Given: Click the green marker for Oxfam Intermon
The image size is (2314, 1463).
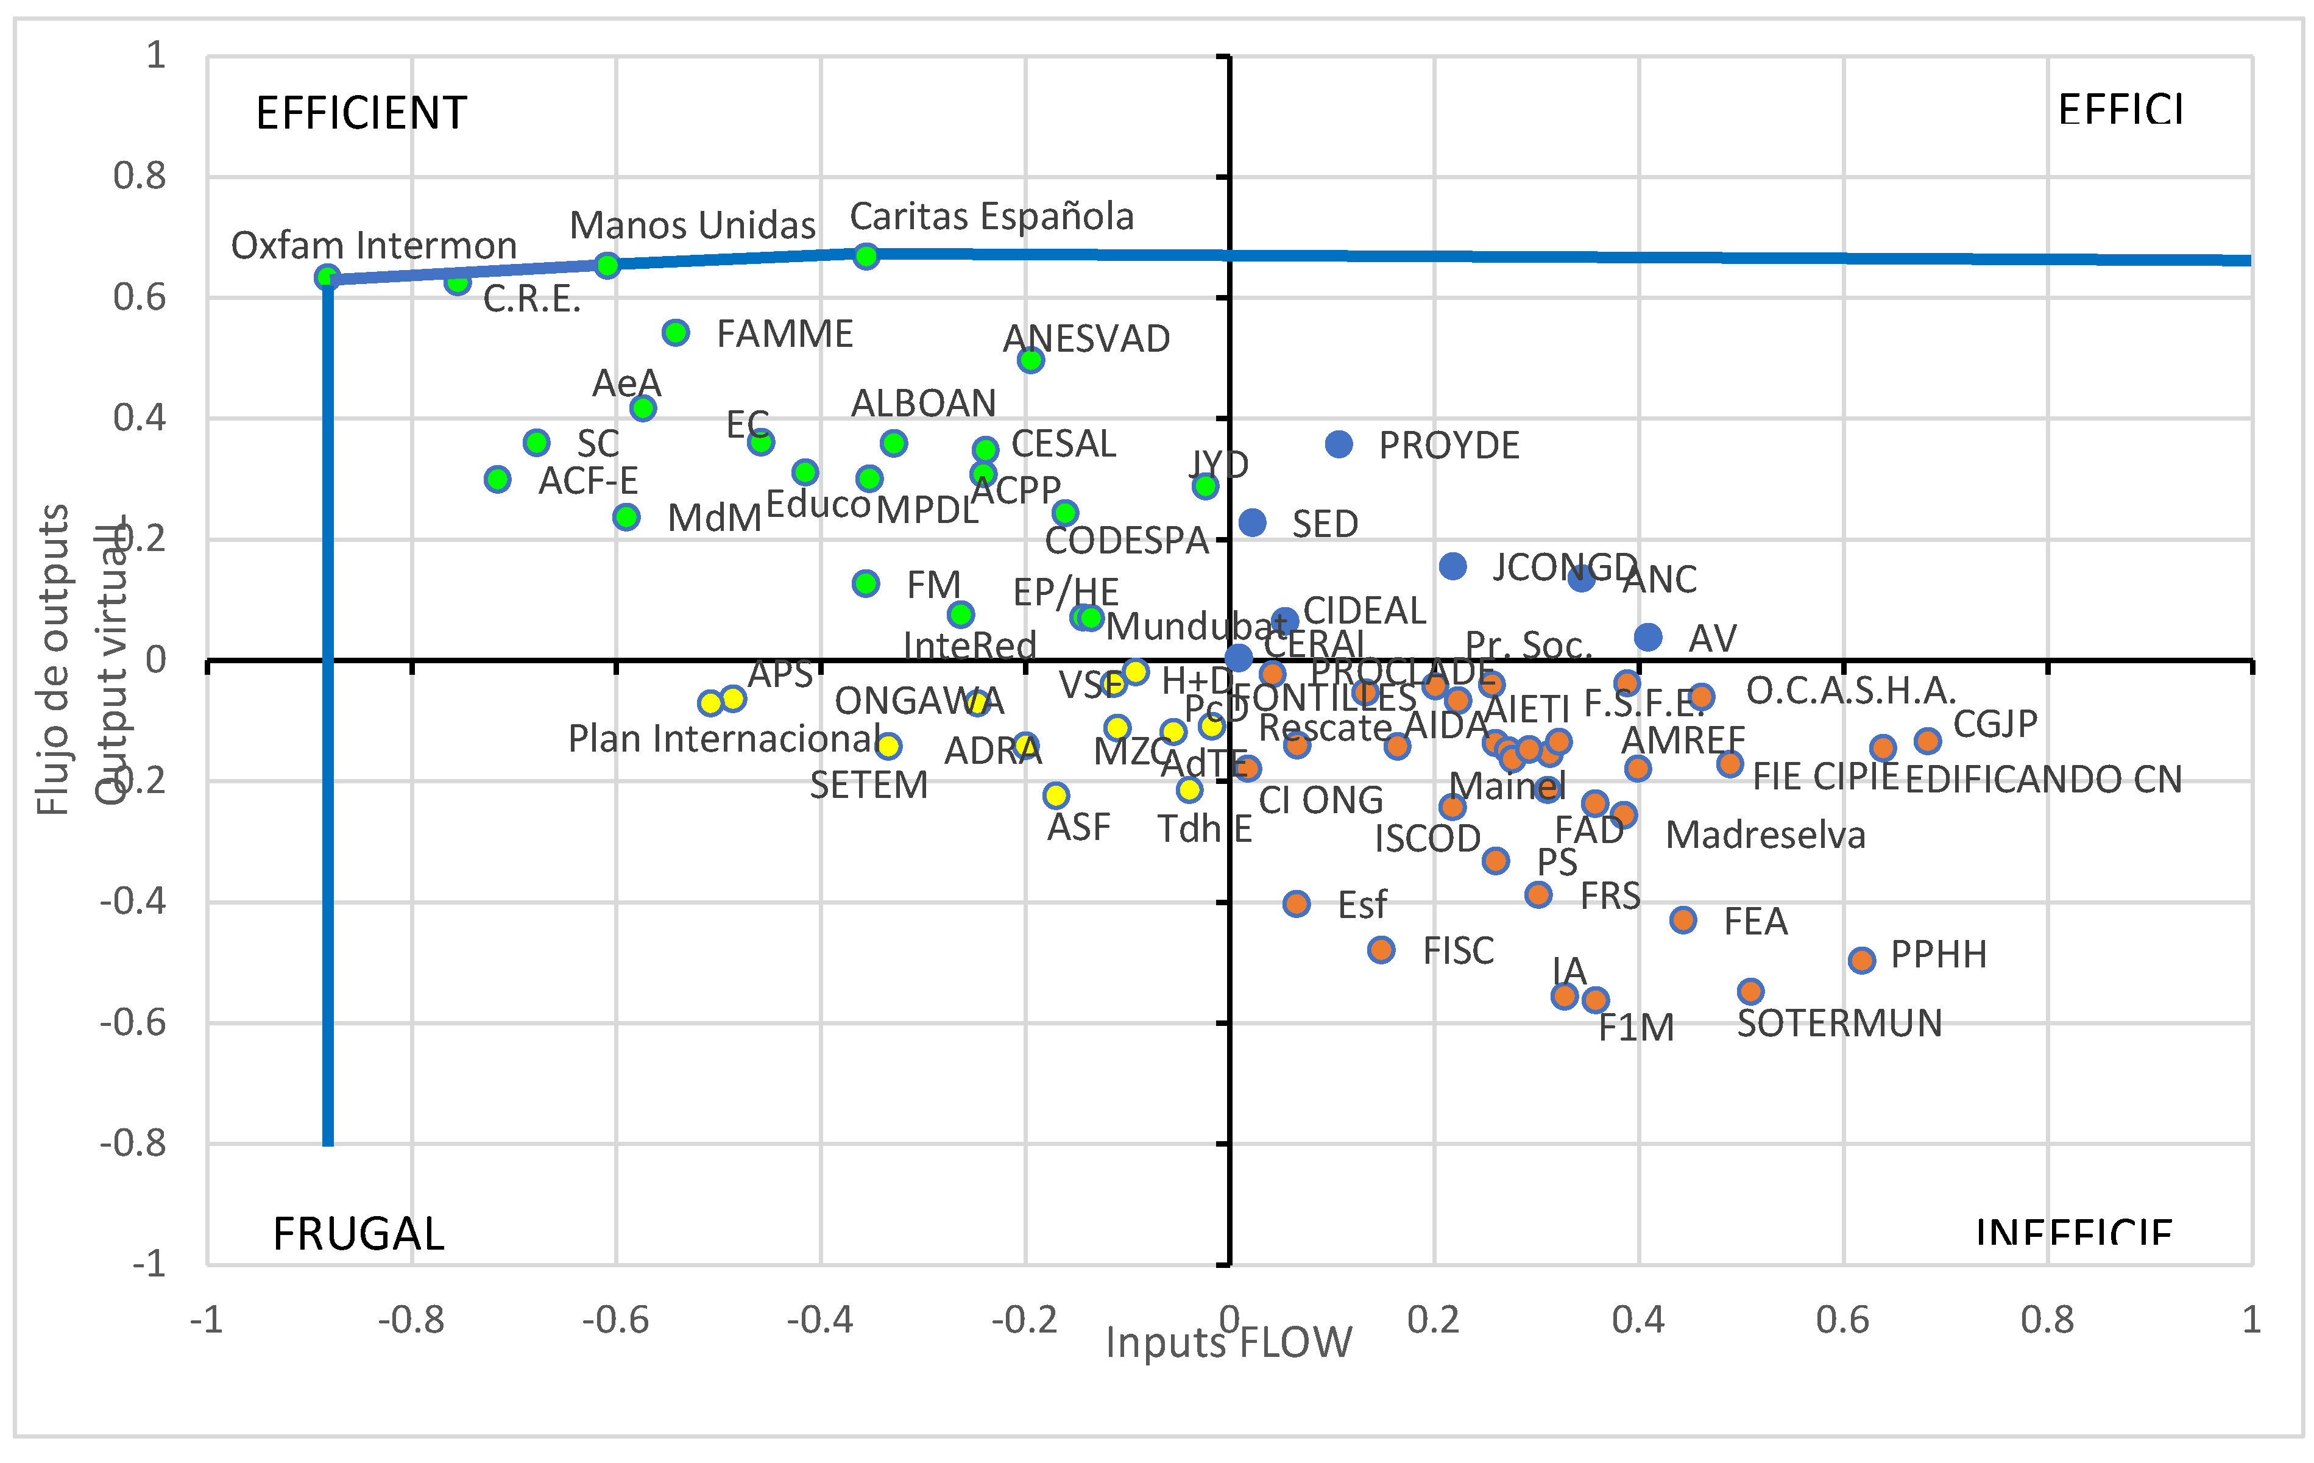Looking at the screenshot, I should (328, 278).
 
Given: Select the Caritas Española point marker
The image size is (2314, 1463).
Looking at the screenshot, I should (866, 255).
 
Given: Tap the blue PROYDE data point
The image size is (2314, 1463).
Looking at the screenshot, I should (1339, 444).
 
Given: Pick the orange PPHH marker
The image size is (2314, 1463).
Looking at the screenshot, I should (1861, 959).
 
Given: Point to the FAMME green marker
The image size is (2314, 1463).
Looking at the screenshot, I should (676, 333).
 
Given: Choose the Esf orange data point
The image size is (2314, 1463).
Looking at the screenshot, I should (1297, 903).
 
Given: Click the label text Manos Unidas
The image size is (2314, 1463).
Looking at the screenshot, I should (692, 225).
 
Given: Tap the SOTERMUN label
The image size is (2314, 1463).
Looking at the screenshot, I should (1838, 1023).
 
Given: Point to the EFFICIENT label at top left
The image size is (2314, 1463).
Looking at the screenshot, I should (361, 113).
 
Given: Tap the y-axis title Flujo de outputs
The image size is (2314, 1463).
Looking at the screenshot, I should (53, 660).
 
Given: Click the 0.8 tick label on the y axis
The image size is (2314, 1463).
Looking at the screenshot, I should (140, 176).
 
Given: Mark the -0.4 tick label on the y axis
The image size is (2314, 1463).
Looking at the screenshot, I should (133, 902).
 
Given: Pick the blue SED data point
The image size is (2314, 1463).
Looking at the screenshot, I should (1252, 522).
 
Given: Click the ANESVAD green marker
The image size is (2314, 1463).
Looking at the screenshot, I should (1030, 360).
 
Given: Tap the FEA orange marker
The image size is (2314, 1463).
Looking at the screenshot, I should (1683, 920).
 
